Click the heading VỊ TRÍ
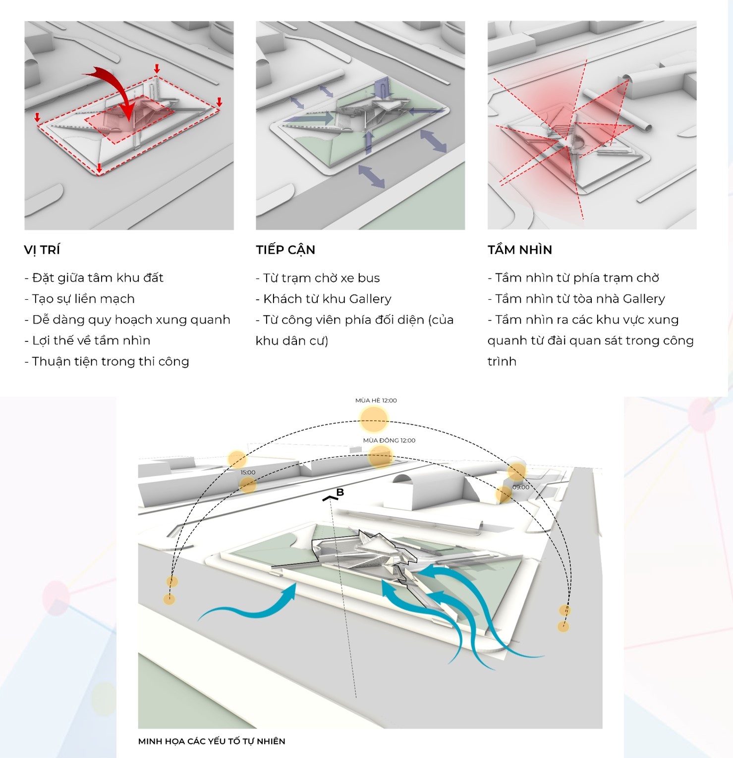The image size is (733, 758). coord(42,250)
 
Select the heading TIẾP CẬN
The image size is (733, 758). coord(285,250)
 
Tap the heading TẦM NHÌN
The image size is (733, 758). coord(519,250)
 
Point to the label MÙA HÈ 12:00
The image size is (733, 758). coord(376,400)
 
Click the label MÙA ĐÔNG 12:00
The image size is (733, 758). coord(389,440)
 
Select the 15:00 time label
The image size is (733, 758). coord(248,472)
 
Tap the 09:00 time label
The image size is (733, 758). coord(521,487)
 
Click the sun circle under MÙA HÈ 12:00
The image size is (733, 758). coord(374,419)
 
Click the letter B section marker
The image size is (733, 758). coord(340,492)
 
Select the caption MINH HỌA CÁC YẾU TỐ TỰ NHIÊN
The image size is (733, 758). coord(212,741)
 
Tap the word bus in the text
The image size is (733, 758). coord(369,278)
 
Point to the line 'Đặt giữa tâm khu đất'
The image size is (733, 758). coord(94,278)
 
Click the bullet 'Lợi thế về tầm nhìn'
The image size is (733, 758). coord(88,340)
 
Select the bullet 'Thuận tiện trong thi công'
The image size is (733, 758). coord(107,361)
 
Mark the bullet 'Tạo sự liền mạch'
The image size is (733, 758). coord(80,299)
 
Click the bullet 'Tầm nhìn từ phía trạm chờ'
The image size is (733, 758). coord(573,278)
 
